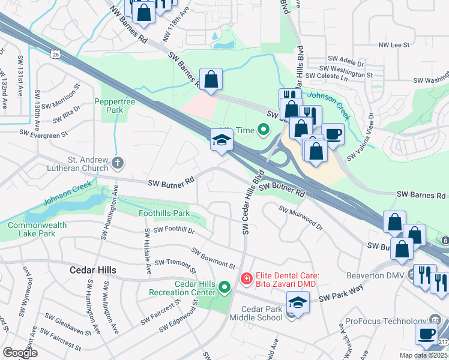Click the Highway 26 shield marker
click(56, 55)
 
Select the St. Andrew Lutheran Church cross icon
click(118, 162)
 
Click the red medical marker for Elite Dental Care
click(246, 278)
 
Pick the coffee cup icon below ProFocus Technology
click(427, 334)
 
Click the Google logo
click(20, 353)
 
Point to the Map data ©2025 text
click(424, 355)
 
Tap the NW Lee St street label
click(393, 45)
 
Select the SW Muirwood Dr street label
click(301, 218)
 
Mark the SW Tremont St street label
click(175, 263)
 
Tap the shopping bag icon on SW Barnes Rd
click(211, 79)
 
